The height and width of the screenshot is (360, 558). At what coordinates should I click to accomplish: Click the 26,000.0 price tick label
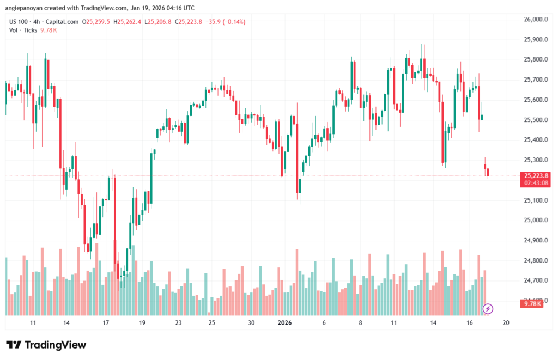[x=536, y=20]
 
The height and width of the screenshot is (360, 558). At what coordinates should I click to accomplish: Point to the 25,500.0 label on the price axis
[x=536, y=120]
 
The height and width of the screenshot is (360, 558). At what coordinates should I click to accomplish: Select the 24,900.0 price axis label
[x=536, y=240]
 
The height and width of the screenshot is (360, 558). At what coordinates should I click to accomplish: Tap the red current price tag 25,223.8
[x=535, y=176]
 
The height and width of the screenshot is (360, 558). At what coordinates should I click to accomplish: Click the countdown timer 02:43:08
[x=535, y=184]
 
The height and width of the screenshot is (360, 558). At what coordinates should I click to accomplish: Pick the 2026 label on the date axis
[x=284, y=323]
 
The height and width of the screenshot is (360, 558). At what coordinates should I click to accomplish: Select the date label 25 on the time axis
[x=212, y=323]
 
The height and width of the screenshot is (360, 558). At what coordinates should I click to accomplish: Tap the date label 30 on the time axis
[x=251, y=323]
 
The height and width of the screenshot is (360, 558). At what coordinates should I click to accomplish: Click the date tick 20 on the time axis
[x=506, y=323]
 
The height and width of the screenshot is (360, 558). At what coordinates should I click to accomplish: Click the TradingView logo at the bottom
[x=46, y=345]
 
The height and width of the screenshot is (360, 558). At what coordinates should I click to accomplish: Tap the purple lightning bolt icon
[x=488, y=309]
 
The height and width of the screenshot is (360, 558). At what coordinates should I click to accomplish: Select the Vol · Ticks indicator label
[x=21, y=30]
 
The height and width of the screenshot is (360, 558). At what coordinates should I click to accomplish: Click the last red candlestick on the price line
[x=488, y=172]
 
